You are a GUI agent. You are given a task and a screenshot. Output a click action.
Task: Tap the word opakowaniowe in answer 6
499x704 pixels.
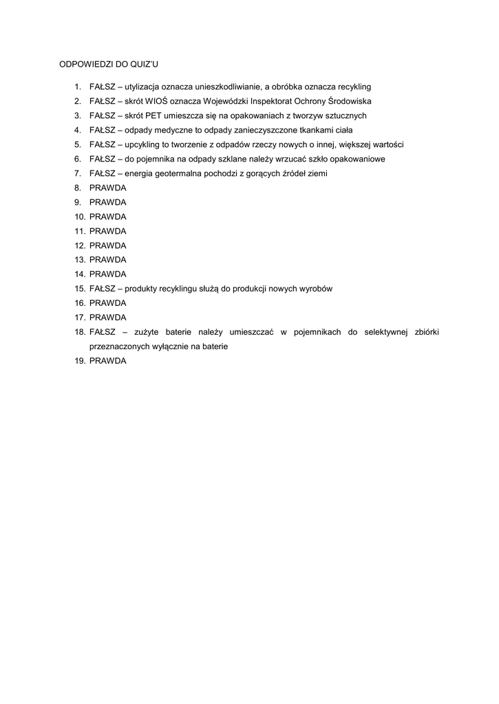(x=341, y=159)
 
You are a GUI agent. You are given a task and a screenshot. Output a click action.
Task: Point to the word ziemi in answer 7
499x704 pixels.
(x=317, y=173)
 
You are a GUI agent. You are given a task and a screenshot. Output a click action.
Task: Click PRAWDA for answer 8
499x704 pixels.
(x=108, y=188)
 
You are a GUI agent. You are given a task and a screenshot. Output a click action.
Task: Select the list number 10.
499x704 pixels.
(x=80, y=217)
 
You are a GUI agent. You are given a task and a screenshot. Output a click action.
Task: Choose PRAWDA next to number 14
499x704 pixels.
(x=108, y=274)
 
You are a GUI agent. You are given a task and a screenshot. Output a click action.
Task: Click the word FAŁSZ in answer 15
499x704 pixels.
(x=102, y=289)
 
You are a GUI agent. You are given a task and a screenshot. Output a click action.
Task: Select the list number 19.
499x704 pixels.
(x=80, y=361)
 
